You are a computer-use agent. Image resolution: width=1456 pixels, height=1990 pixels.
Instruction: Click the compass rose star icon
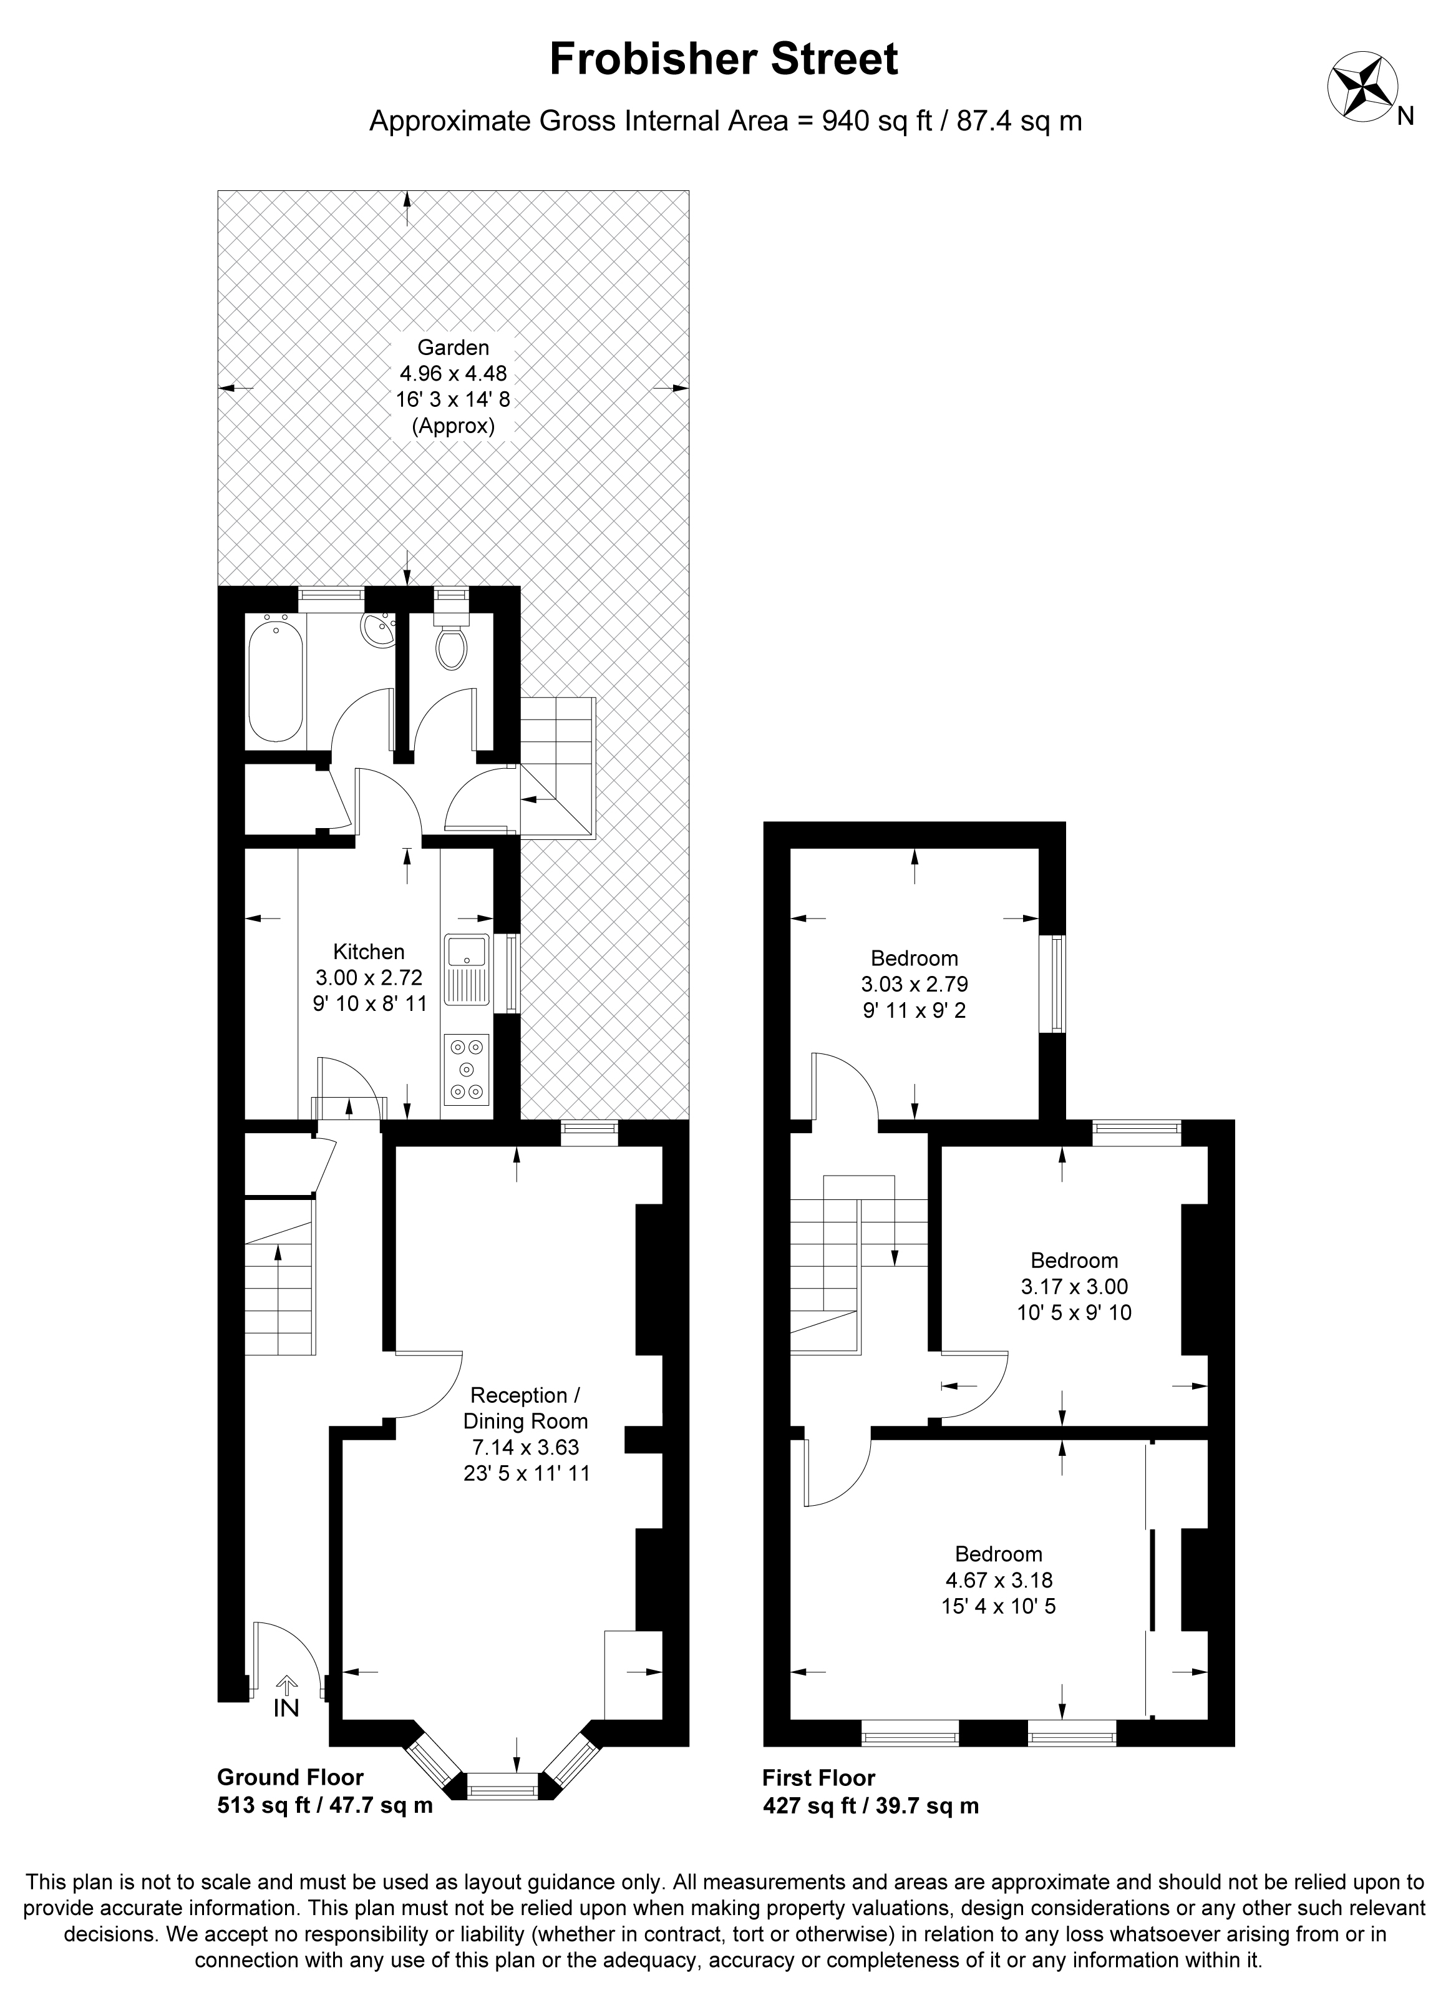1362,86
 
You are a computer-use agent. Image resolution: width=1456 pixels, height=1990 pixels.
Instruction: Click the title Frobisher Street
724,59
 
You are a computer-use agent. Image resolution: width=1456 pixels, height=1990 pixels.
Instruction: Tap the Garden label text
453,348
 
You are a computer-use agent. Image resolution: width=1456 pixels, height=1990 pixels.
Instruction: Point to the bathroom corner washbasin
380,628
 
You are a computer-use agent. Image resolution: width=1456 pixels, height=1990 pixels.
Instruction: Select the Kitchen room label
369,952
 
